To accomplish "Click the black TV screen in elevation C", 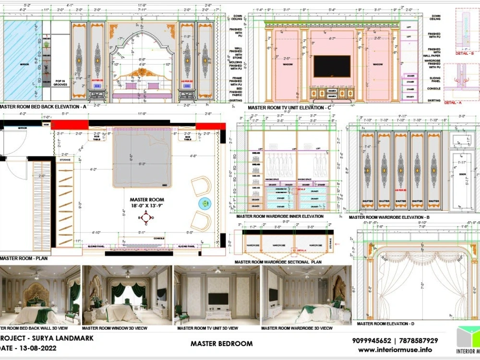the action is pos(332,66).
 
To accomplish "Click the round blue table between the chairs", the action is pos(205,204).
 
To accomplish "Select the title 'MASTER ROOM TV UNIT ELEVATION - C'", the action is pos(289,108).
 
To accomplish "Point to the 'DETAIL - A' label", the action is pos(453,103).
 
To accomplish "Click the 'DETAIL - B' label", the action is pos(465,53).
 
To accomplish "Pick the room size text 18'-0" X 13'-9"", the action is pos(147,205).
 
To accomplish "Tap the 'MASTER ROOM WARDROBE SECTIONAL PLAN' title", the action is pos(278,262).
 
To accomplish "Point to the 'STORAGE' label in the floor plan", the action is pos(65,160).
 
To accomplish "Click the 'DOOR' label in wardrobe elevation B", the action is pos(463,174).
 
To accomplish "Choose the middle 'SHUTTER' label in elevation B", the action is pos(400,201).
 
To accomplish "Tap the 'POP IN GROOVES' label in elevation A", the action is pos(60,82).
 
